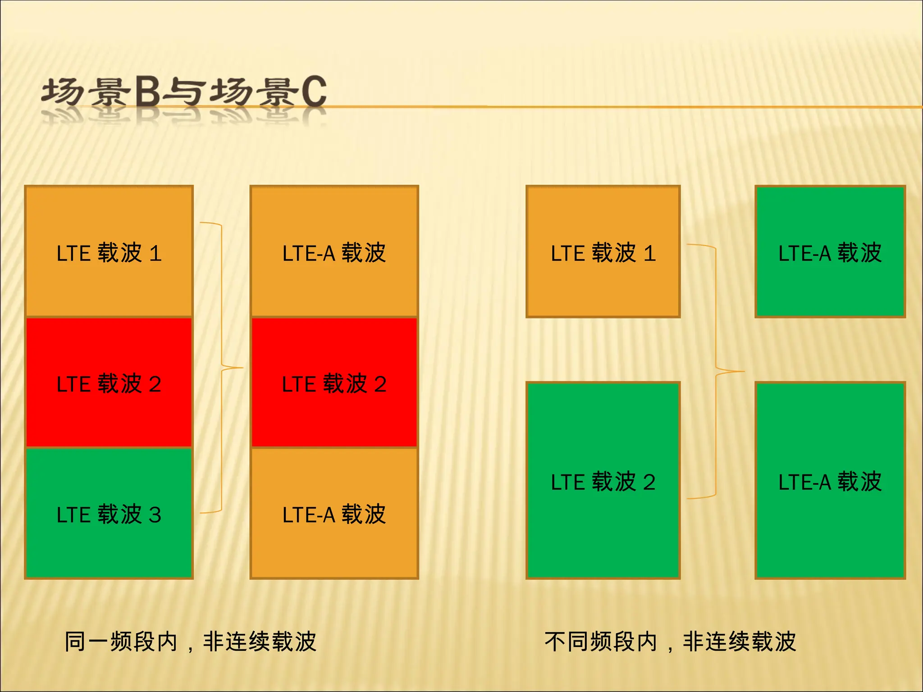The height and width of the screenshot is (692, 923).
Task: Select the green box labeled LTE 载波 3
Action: click(x=109, y=514)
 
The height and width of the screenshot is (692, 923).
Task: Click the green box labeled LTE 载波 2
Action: click(x=603, y=480)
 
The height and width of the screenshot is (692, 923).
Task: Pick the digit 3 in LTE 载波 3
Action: click(x=155, y=515)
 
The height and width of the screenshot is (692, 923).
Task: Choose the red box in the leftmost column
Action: click(x=109, y=383)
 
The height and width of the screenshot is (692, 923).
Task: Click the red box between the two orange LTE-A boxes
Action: click(x=334, y=383)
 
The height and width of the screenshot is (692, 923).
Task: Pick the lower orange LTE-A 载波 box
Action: click(x=334, y=514)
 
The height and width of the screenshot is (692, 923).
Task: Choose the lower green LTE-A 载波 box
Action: click(x=830, y=480)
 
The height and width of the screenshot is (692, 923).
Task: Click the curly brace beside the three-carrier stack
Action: click(x=222, y=367)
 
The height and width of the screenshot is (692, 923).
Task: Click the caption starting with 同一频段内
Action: click(x=190, y=642)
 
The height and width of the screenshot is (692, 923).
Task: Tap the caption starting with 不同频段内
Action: click(x=670, y=642)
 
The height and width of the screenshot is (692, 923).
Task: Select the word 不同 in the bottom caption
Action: click(x=567, y=642)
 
